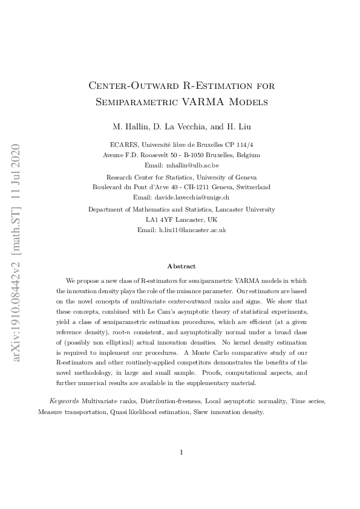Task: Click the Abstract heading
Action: pyautogui.click(x=181, y=266)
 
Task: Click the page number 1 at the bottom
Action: pyautogui.click(x=181, y=452)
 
